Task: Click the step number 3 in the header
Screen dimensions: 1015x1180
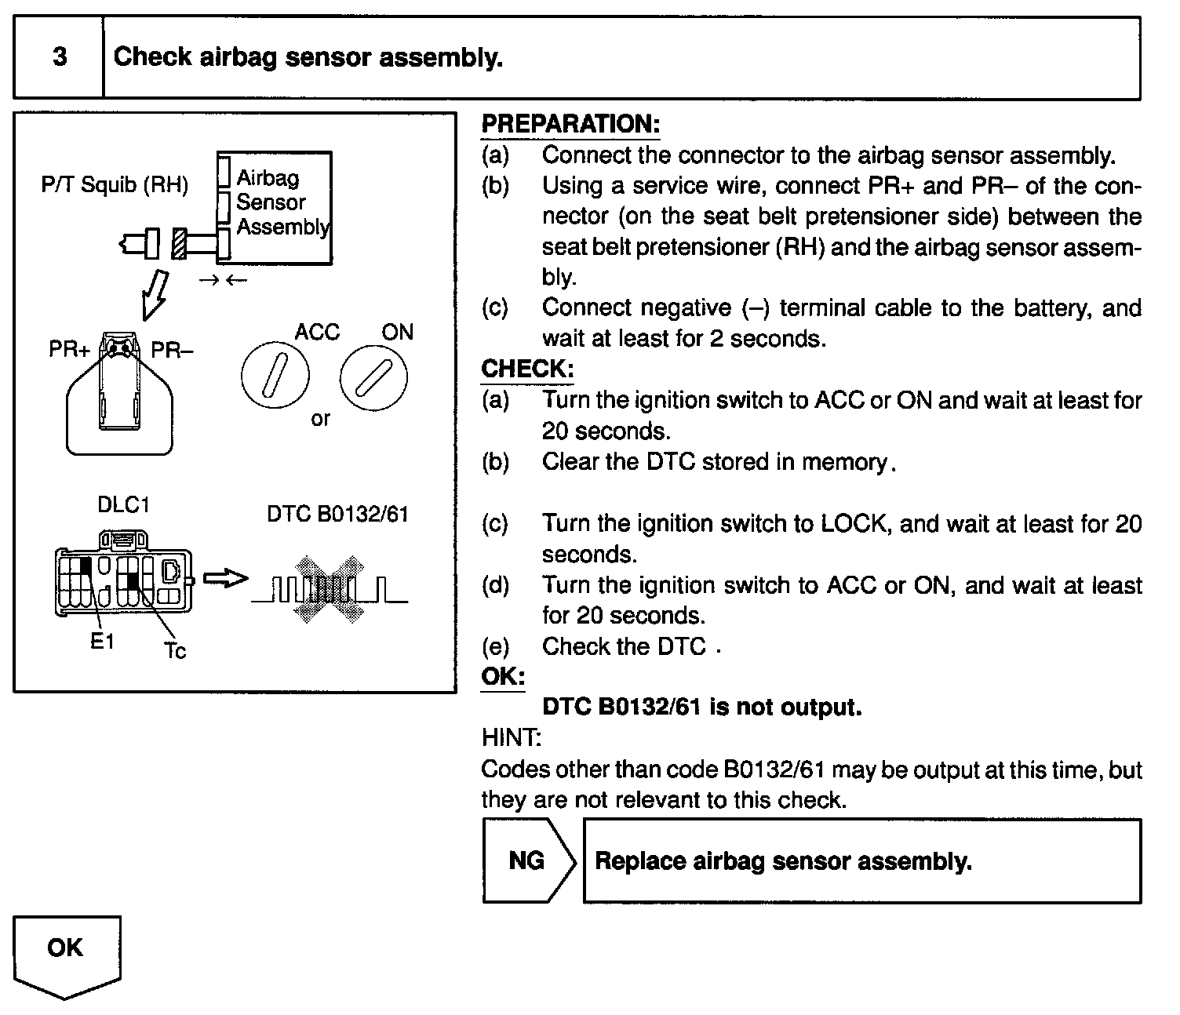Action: click(60, 57)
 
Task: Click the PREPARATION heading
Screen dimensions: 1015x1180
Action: click(570, 124)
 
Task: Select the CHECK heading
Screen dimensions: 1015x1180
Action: click(527, 369)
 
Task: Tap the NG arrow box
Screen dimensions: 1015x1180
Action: click(527, 860)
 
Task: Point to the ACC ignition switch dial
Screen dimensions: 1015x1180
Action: click(275, 379)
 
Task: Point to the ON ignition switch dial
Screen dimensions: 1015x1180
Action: click(373, 379)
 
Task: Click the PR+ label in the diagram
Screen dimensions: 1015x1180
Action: click(70, 349)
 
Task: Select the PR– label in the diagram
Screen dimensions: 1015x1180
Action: click(172, 349)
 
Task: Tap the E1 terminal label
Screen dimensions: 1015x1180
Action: click(102, 642)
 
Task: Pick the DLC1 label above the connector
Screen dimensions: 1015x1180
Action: click(123, 504)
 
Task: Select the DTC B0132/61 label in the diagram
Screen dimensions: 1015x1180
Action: click(337, 514)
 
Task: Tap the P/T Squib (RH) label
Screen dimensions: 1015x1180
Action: click(115, 185)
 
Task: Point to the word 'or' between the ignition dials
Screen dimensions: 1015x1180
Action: click(320, 418)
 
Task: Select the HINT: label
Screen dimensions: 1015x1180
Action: click(511, 737)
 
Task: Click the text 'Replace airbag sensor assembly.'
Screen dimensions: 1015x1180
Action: click(783, 861)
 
